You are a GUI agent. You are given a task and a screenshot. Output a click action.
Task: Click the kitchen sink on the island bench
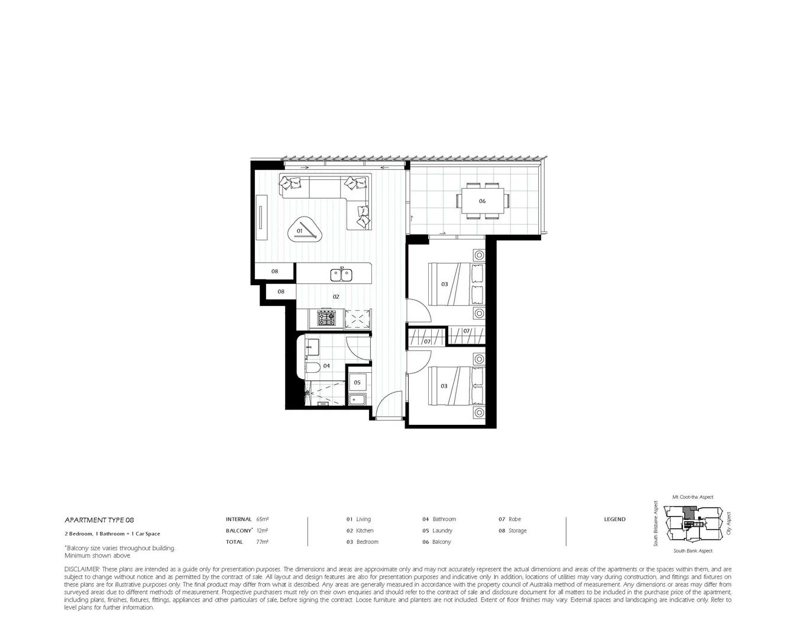click(x=341, y=274)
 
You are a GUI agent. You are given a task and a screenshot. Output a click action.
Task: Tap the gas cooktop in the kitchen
click(x=326, y=319)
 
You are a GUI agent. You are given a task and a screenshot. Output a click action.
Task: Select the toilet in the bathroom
click(x=312, y=367)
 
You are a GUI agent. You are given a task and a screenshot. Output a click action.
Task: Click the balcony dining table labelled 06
click(x=482, y=201)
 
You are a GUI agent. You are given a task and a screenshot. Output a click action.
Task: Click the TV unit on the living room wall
click(x=260, y=218)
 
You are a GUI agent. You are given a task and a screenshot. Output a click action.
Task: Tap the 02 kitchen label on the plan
click(x=335, y=296)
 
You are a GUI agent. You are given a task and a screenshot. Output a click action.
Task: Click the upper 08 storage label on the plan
click(x=274, y=272)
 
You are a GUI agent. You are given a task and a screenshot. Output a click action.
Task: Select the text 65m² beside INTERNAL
click(x=263, y=519)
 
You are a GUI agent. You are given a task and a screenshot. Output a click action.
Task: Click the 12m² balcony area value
click(x=263, y=531)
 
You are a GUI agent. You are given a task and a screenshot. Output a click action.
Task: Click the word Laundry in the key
click(x=442, y=531)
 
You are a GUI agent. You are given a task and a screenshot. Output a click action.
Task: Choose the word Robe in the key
click(x=515, y=519)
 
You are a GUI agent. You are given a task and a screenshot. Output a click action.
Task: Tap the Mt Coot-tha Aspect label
click(x=693, y=497)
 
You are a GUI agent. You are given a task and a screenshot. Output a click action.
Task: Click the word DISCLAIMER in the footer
click(x=82, y=569)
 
